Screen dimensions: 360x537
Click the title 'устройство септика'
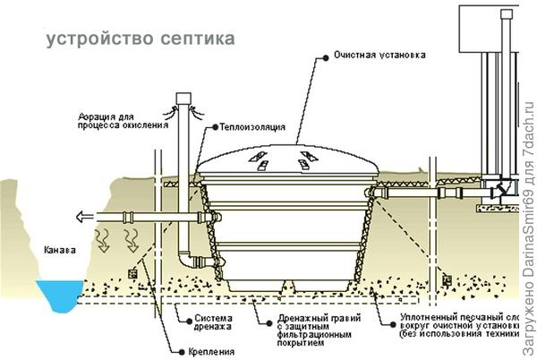[x=141, y=39]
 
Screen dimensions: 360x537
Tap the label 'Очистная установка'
[x=379, y=56]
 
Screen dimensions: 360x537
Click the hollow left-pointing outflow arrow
[x=84, y=216]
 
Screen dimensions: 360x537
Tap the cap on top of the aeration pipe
[x=184, y=97]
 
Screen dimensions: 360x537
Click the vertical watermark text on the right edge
[x=527, y=179]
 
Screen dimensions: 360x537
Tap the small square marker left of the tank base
[x=132, y=271]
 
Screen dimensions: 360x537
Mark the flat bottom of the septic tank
[x=285, y=286]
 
